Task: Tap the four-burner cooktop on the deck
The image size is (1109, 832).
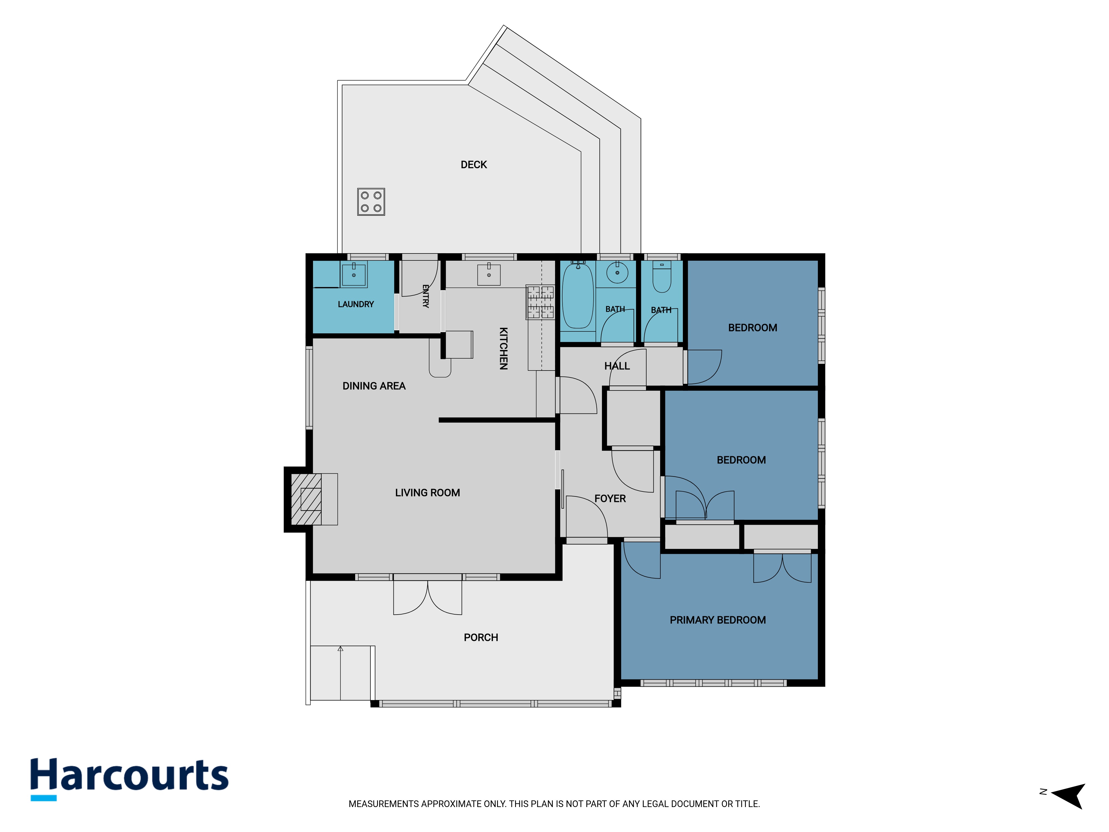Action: coord(371,202)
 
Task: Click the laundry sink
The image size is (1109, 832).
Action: coord(354,274)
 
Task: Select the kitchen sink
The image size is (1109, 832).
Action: coord(489,274)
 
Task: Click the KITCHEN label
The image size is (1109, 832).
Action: coord(503,349)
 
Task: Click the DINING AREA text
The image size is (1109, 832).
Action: coord(374,386)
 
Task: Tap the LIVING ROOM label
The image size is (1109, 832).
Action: coord(427,493)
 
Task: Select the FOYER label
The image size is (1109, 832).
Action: coord(610,498)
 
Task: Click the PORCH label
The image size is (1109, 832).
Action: coord(481,637)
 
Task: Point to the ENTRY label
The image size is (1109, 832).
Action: coord(426,296)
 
